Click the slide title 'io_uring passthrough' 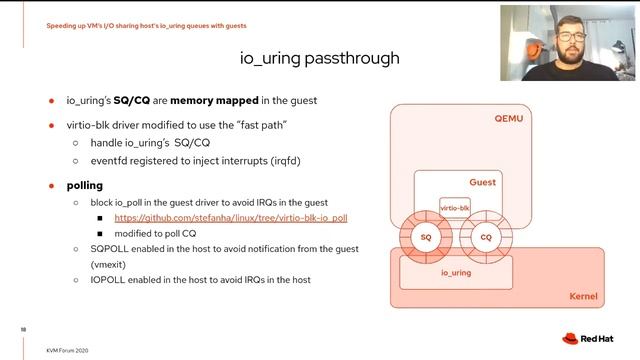pyautogui.click(x=320, y=58)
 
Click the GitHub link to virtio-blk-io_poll pyautogui.click(x=230, y=217)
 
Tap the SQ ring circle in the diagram pyautogui.click(x=425, y=237)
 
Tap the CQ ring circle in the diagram pyautogui.click(x=486, y=237)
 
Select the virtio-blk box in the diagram pyautogui.click(x=455, y=208)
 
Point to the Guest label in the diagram pyautogui.click(x=483, y=183)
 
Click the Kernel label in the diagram pyautogui.click(x=583, y=297)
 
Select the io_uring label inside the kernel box pyautogui.click(x=456, y=272)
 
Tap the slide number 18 pyautogui.click(x=23, y=327)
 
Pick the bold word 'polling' pyautogui.click(x=85, y=186)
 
